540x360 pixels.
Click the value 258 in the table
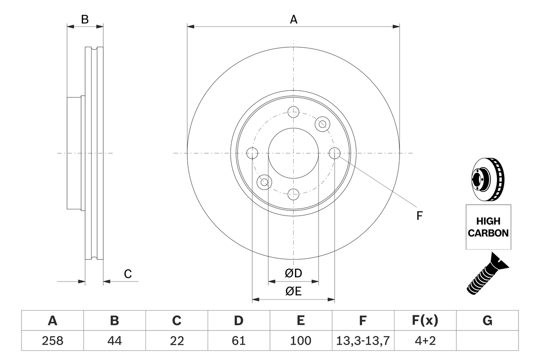tap(52, 341)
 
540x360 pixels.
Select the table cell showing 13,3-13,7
tap(363, 341)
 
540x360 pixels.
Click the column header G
tap(487, 321)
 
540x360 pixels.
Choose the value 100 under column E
tap(300, 341)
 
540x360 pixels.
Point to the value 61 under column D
tap(238, 341)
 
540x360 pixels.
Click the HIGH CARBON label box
tap(488, 227)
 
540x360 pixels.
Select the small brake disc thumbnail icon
tap(488, 179)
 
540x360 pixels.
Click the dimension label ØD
tap(293, 273)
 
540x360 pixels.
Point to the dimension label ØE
tap(293, 291)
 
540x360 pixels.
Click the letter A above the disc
tap(293, 19)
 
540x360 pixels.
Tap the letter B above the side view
tap(85, 19)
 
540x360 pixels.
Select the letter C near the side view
tap(127, 274)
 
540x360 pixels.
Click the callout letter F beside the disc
tap(419, 216)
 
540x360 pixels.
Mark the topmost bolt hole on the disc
tap(293, 112)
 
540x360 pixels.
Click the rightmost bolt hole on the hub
tap(334, 153)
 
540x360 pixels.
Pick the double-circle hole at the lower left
tap(265, 182)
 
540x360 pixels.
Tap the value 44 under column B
tap(114, 341)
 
